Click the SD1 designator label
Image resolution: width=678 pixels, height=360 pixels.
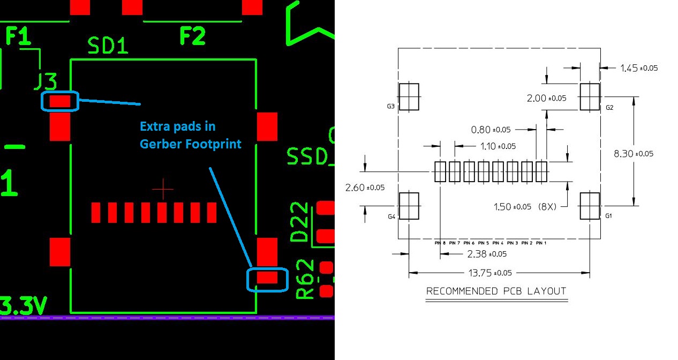pos(108,46)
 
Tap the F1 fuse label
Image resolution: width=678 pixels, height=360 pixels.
pos(18,36)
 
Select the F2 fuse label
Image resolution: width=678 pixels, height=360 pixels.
pos(192,36)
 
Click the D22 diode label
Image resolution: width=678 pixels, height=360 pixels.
pos(300,222)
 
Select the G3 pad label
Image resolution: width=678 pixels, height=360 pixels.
pos(391,107)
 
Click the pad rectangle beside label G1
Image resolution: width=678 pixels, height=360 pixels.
pos(590,205)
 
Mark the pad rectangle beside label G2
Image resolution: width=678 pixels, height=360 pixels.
pos(590,96)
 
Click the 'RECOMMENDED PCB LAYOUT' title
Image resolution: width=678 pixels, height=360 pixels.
pos(496,291)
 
